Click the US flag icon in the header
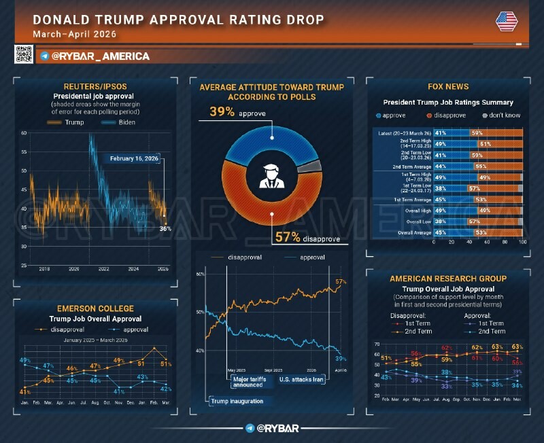(x=507, y=21)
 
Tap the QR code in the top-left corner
(x=24, y=54)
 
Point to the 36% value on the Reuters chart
(x=165, y=229)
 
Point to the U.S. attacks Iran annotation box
(x=301, y=379)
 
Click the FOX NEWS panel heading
(x=447, y=87)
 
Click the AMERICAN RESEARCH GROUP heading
(x=447, y=279)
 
